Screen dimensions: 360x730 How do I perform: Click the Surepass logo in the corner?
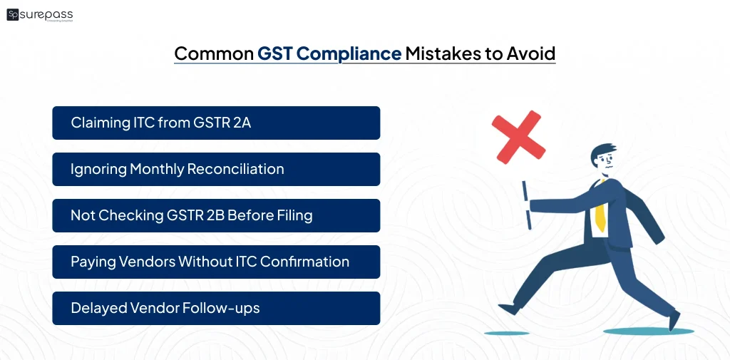click(x=39, y=15)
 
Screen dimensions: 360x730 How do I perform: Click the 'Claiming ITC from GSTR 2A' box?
click(x=216, y=123)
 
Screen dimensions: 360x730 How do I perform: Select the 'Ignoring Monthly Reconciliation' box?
click(x=216, y=169)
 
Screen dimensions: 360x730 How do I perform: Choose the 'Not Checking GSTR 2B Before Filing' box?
click(x=216, y=215)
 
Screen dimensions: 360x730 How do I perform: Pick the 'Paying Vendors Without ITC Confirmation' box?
click(x=216, y=262)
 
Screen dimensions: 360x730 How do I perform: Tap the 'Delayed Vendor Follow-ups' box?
click(x=216, y=308)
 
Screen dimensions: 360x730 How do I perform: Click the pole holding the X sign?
click(x=525, y=203)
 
